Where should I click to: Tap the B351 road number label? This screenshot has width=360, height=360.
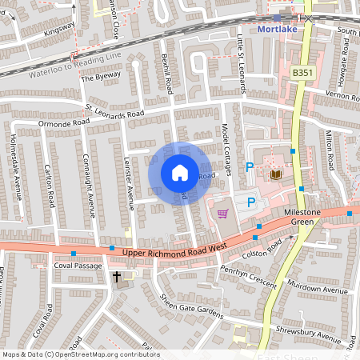click(x=302, y=73)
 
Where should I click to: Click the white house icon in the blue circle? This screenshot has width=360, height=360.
click(x=180, y=172)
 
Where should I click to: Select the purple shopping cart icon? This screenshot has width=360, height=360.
click(x=223, y=213)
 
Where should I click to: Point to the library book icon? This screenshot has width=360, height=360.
click(x=276, y=174)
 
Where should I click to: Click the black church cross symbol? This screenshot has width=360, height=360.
click(x=117, y=277)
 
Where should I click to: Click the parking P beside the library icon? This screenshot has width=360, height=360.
click(x=249, y=167)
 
